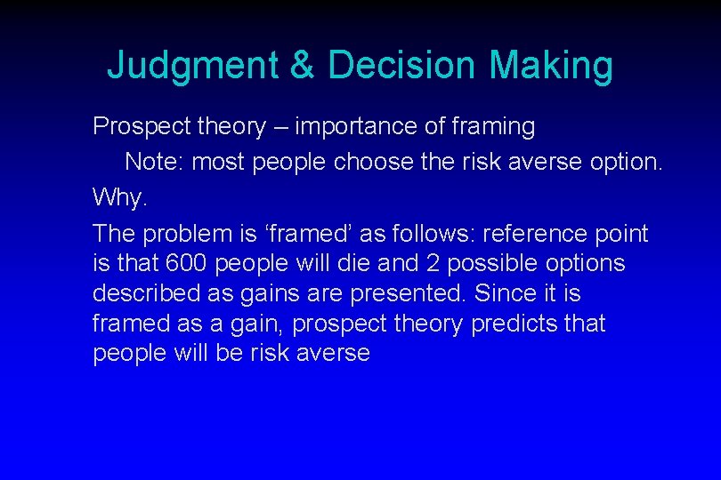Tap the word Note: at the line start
[155, 162]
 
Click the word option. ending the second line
[627, 162]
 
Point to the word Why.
[118, 196]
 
